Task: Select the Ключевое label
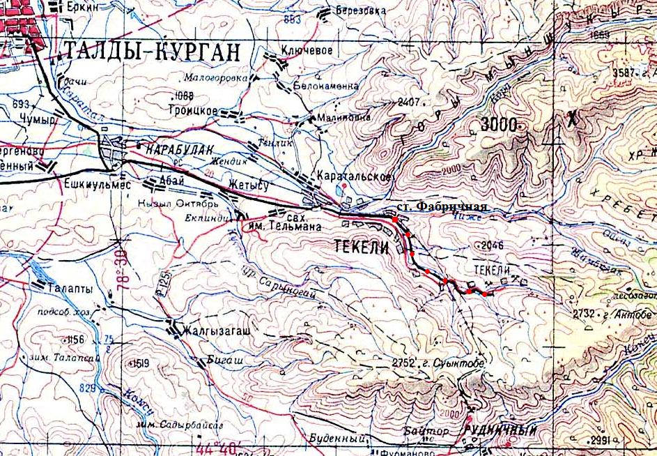point(307,50)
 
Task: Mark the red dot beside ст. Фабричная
point(395,219)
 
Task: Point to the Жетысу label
point(249,184)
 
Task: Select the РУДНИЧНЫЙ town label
point(500,431)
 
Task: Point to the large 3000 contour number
point(500,126)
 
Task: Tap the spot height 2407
point(409,102)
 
